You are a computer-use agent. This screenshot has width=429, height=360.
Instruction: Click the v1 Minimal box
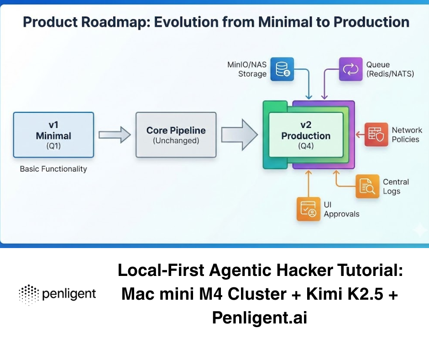click(x=54, y=135)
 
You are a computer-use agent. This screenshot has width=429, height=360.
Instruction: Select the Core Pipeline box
click(x=176, y=135)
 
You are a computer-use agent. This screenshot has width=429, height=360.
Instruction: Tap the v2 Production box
click(x=306, y=136)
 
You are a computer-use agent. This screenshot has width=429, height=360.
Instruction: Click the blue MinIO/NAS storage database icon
click(x=282, y=69)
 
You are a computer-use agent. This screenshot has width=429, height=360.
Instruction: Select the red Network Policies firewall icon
click(x=376, y=134)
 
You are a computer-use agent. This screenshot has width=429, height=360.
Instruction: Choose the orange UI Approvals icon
click(x=308, y=209)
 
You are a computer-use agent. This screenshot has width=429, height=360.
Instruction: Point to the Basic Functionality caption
click(x=53, y=169)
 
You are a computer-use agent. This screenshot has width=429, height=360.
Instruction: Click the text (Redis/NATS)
click(x=390, y=74)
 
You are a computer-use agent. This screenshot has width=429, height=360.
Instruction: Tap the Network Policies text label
click(x=407, y=135)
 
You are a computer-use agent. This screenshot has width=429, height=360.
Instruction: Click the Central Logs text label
click(x=396, y=186)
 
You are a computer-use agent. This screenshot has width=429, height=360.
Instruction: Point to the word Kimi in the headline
click(x=322, y=295)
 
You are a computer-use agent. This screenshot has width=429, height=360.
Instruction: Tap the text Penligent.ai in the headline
click(x=259, y=318)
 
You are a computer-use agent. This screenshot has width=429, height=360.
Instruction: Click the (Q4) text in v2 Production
click(x=305, y=146)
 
